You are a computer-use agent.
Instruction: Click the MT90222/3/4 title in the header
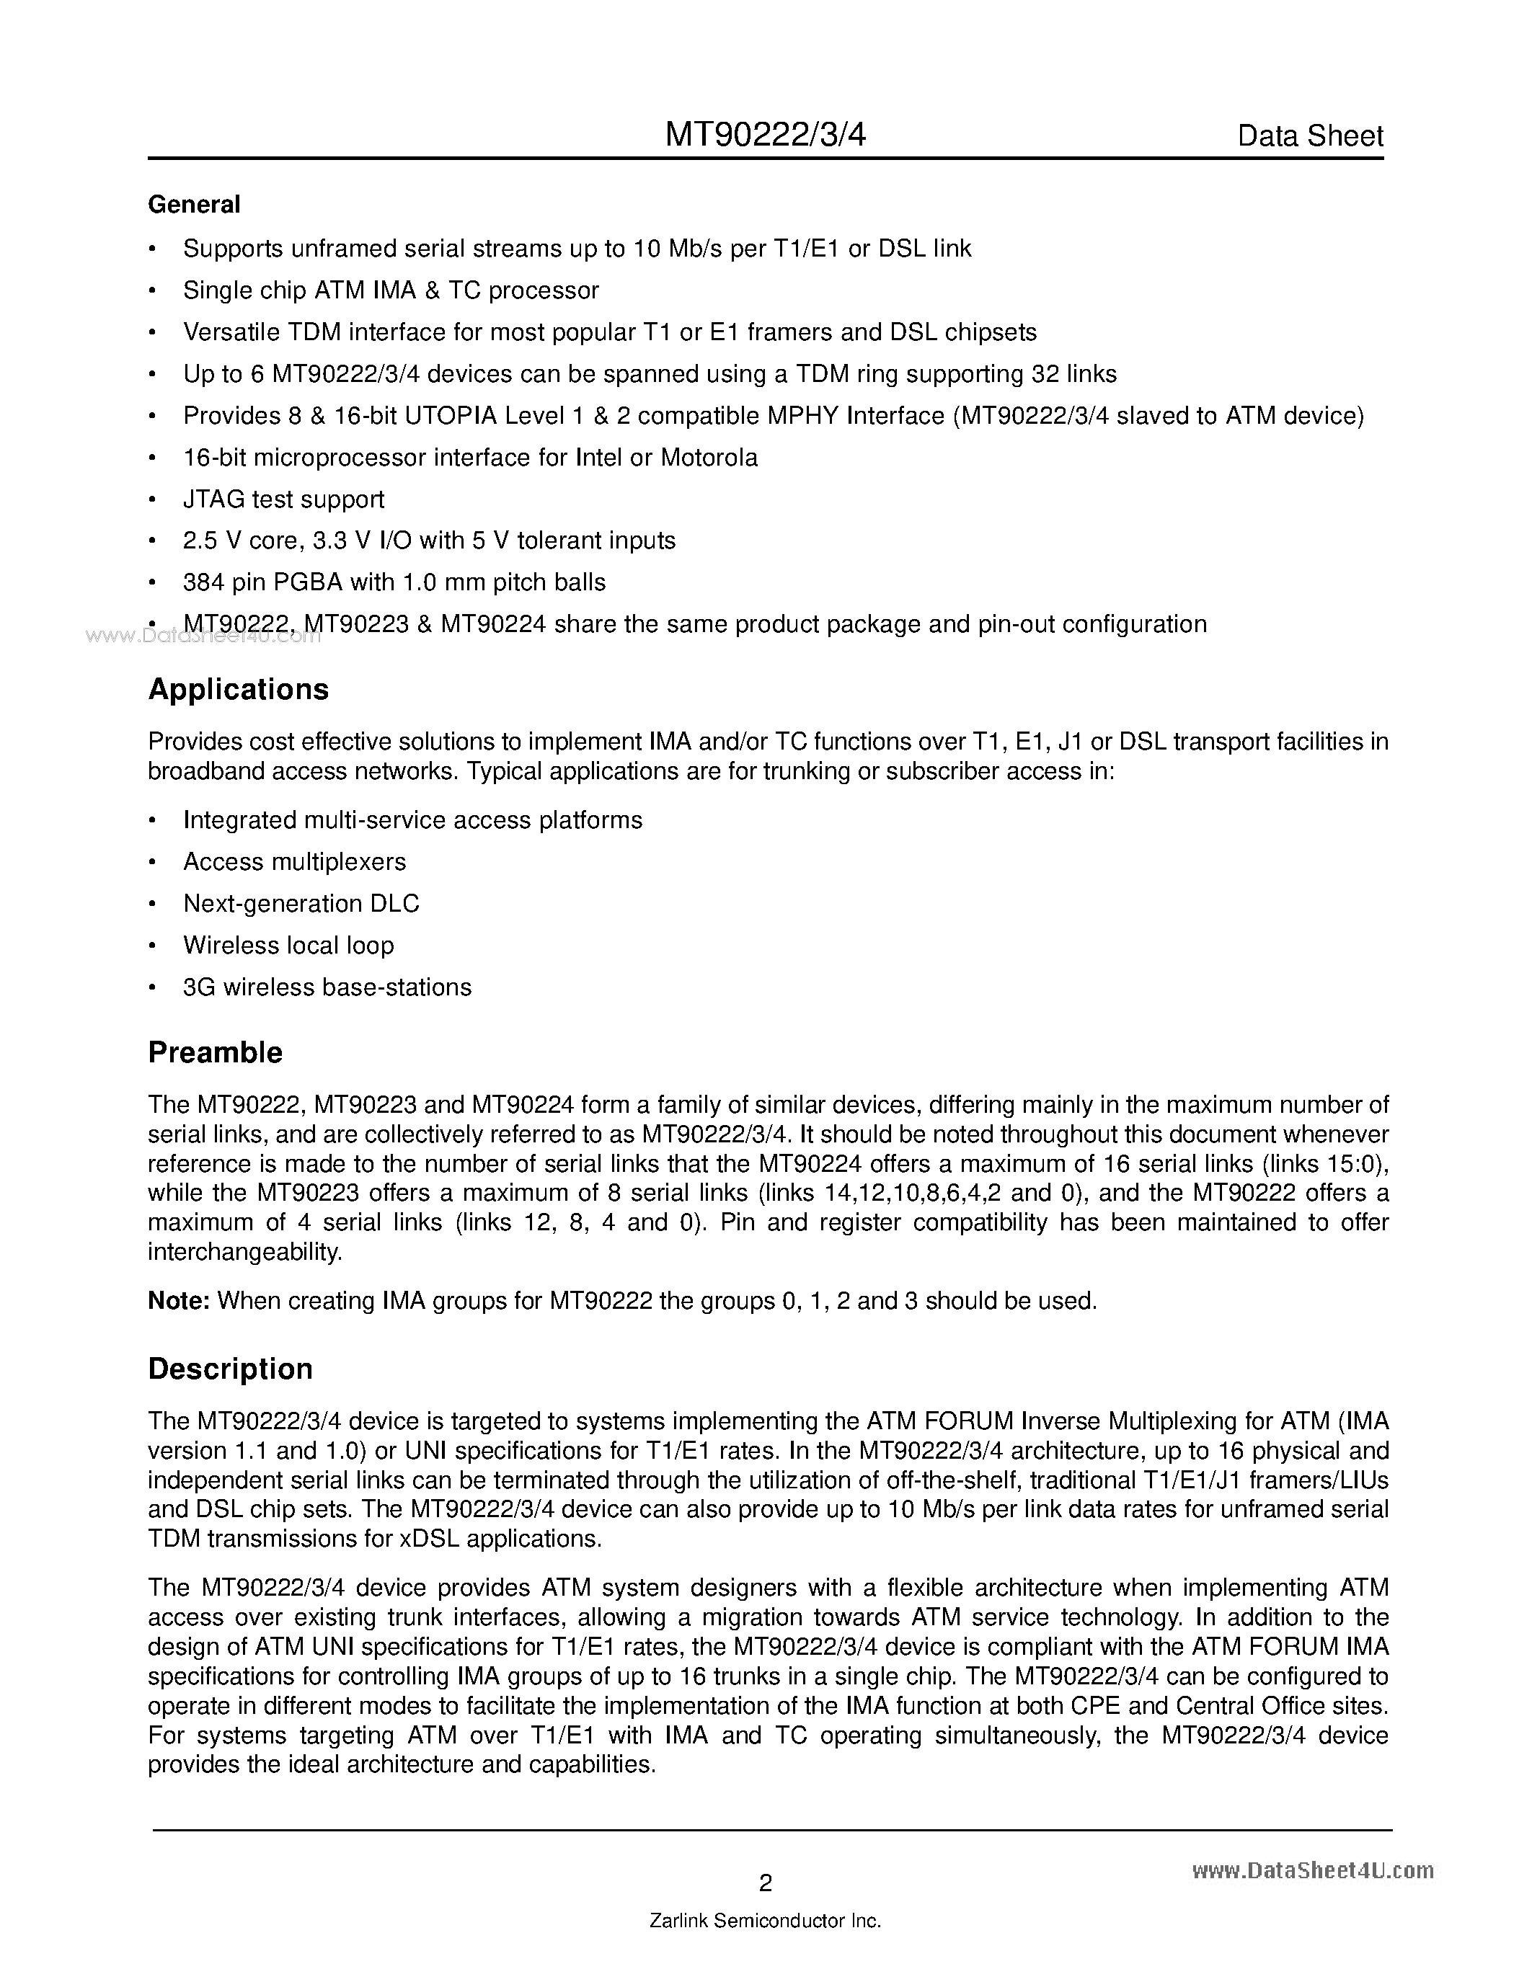(x=765, y=135)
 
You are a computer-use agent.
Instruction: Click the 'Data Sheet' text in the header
(x=1310, y=136)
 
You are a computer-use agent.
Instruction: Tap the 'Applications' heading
(x=238, y=690)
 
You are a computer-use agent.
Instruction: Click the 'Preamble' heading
(x=215, y=1053)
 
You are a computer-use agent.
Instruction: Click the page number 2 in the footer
(x=765, y=1883)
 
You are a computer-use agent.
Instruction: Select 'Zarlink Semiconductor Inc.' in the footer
(x=765, y=1921)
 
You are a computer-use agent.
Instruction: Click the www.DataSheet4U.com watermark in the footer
(x=1312, y=1870)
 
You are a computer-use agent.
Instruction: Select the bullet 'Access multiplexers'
(x=294, y=861)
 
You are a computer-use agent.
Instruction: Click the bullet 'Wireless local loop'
(x=288, y=945)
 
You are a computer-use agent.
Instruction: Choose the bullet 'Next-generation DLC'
(x=301, y=903)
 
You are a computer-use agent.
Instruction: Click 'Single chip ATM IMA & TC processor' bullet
(x=390, y=290)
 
